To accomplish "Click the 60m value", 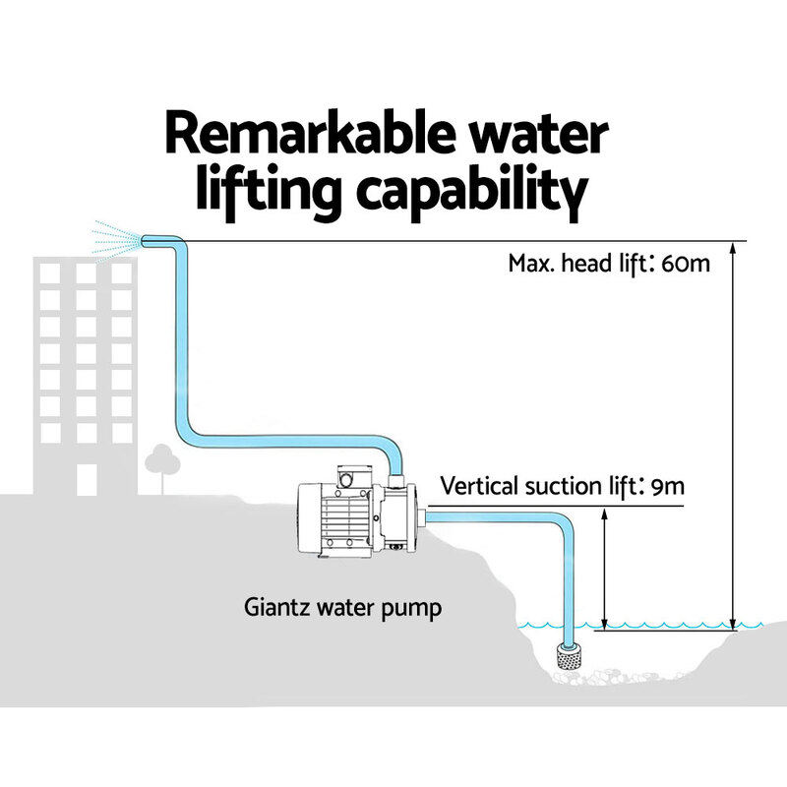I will click(x=685, y=264).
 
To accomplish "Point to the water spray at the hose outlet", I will click(x=113, y=238).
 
